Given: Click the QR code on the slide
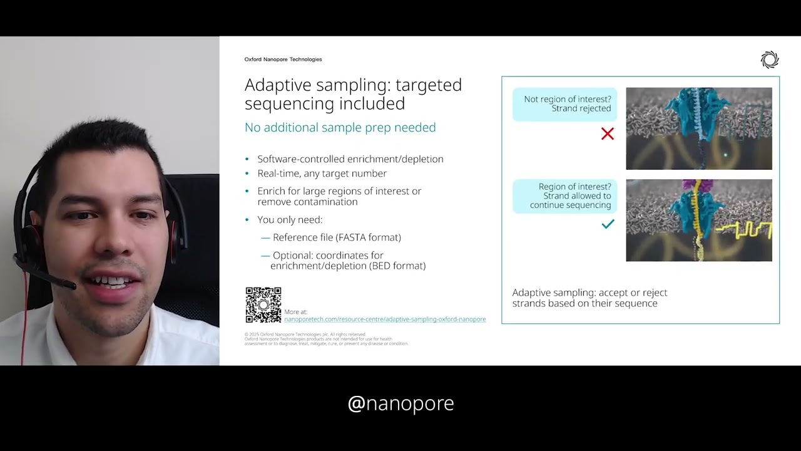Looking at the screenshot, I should pyautogui.click(x=263, y=305).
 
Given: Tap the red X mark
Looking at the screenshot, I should pyautogui.click(x=607, y=133).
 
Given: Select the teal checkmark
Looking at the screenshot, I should pyautogui.click(x=607, y=224).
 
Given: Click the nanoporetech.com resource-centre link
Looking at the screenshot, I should pyautogui.click(x=385, y=319).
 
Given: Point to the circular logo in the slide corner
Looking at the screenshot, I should pyautogui.click(x=769, y=60).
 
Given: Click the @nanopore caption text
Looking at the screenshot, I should pyautogui.click(x=400, y=403).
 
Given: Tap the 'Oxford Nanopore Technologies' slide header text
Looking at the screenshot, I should pyautogui.click(x=283, y=60).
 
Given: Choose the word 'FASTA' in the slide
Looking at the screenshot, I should pyautogui.click(x=352, y=237).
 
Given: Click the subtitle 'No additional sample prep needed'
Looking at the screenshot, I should pyautogui.click(x=340, y=128).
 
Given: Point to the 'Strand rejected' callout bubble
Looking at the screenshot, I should pyautogui.click(x=564, y=104).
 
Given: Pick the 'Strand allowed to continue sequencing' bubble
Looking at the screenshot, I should pyautogui.click(x=564, y=196).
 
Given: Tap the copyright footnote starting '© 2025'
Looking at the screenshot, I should pyautogui.click(x=305, y=334).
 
